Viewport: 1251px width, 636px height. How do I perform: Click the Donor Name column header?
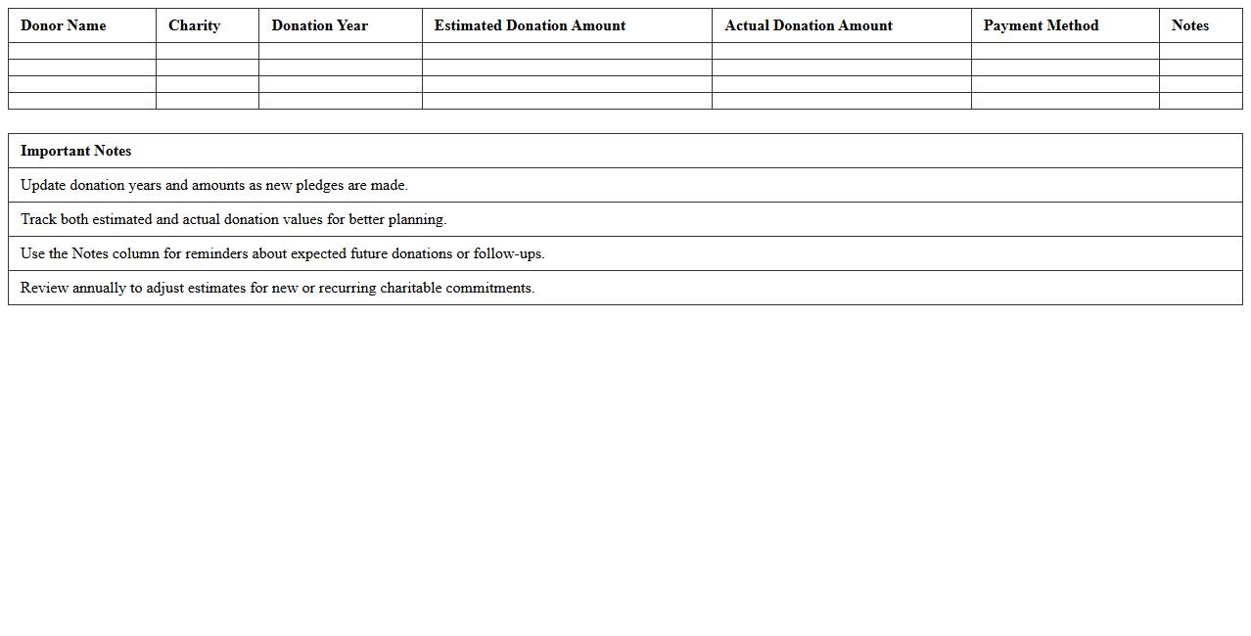tap(64, 25)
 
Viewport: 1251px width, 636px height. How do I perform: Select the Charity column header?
tap(194, 25)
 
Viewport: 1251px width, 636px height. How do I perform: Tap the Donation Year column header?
tap(319, 25)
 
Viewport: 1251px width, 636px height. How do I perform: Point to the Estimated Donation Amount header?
tap(530, 25)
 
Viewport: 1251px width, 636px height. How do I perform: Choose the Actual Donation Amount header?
tap(809, 25)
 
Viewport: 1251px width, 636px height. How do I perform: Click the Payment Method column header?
tap(1041, 25)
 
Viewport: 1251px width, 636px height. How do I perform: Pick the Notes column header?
tap(1189, 25)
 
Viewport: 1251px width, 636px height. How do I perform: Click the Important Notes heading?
tap(75, 151)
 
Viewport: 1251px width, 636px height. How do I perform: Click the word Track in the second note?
tap(38, 219)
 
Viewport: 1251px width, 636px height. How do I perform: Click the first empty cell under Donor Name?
tap(82, 51)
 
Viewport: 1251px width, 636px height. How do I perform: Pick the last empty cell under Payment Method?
tap(1065, 101)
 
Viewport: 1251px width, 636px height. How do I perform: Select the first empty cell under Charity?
tap(208, 51)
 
